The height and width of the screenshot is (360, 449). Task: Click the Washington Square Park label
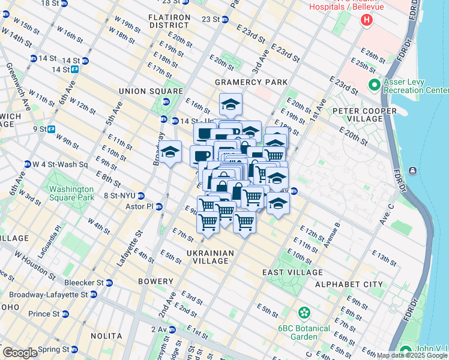click(x=72, y=193)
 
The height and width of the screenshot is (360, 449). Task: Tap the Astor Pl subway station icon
click(x=159, y=206)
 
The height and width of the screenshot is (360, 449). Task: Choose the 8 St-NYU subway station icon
click(x=141, y=196)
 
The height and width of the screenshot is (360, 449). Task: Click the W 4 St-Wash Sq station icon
click(x=27, y=164)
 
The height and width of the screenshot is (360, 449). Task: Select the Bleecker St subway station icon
click(x=110, y=282)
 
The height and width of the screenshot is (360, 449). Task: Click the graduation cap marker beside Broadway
click(x=170, y=152)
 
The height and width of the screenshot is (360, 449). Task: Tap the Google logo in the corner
click(x=20, y=353)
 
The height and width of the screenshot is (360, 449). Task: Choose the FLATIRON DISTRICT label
click(x=170, y=21)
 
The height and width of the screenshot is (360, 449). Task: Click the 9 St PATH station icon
click(x=52, y=128)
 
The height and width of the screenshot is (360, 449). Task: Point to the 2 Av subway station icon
click(x=172, y=329)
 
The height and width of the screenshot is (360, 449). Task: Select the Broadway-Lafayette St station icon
click(x=94, y=295)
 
